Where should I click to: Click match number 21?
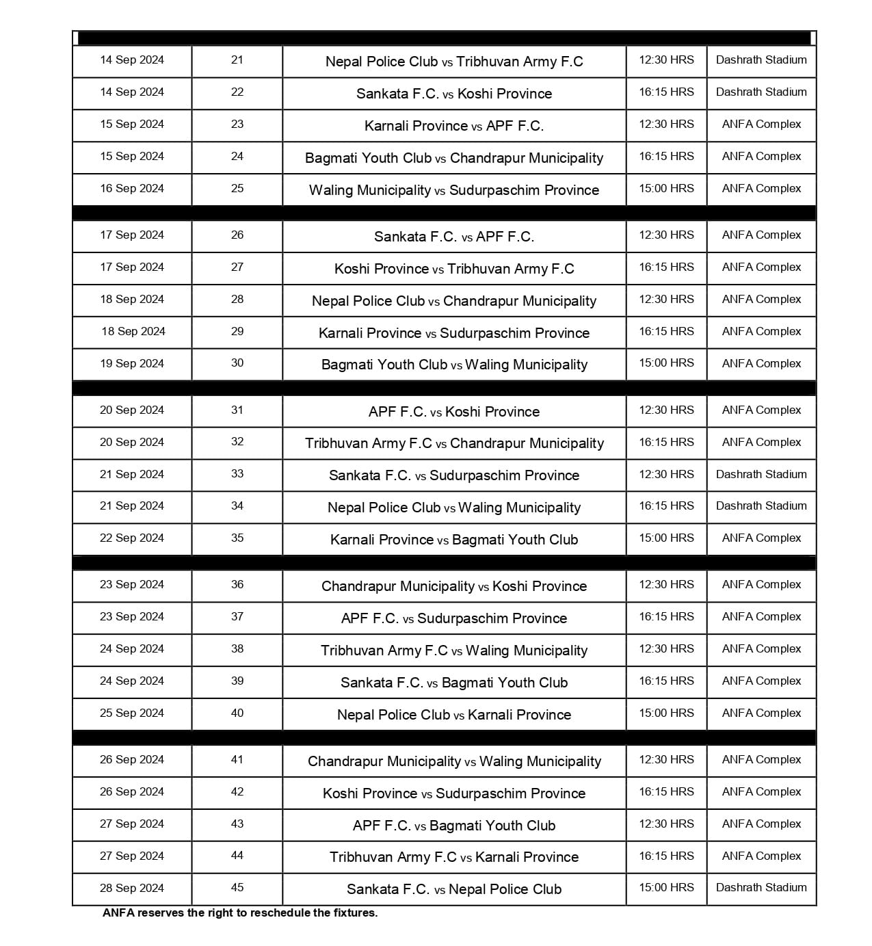click(x=237, y=60)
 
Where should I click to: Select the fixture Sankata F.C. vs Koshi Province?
click(x=454, y=94)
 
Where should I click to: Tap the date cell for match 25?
click(x=132, y=189)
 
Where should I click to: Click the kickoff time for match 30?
click(x=666, y=363)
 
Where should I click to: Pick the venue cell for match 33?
click(x=761, y=475)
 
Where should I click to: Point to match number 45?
click(x=237, y=888)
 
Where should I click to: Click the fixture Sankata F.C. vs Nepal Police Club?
click(x=454, y=889)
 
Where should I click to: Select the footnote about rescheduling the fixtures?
click(x=240, y=912)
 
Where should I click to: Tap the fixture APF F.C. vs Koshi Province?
click(x=454, y=412)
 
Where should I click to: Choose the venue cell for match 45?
click(x=761, y=888)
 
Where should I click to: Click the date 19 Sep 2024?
click(x=132, y=364)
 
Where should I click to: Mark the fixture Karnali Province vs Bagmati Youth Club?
click(x=454, y=540)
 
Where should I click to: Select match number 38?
click(x=237, y=649)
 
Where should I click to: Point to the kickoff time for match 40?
click(x=666, y=713)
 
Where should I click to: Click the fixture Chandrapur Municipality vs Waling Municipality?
click(x=454, y=761)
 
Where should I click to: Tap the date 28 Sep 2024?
click(x=132, y=889)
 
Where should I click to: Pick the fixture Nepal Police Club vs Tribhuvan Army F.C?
click(x=454, y=62)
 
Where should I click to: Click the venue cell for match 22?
click(x=761, y=92)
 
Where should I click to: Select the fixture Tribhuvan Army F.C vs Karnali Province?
click(x=454, y=857)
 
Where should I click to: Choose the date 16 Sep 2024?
click(x=132, y=189)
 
